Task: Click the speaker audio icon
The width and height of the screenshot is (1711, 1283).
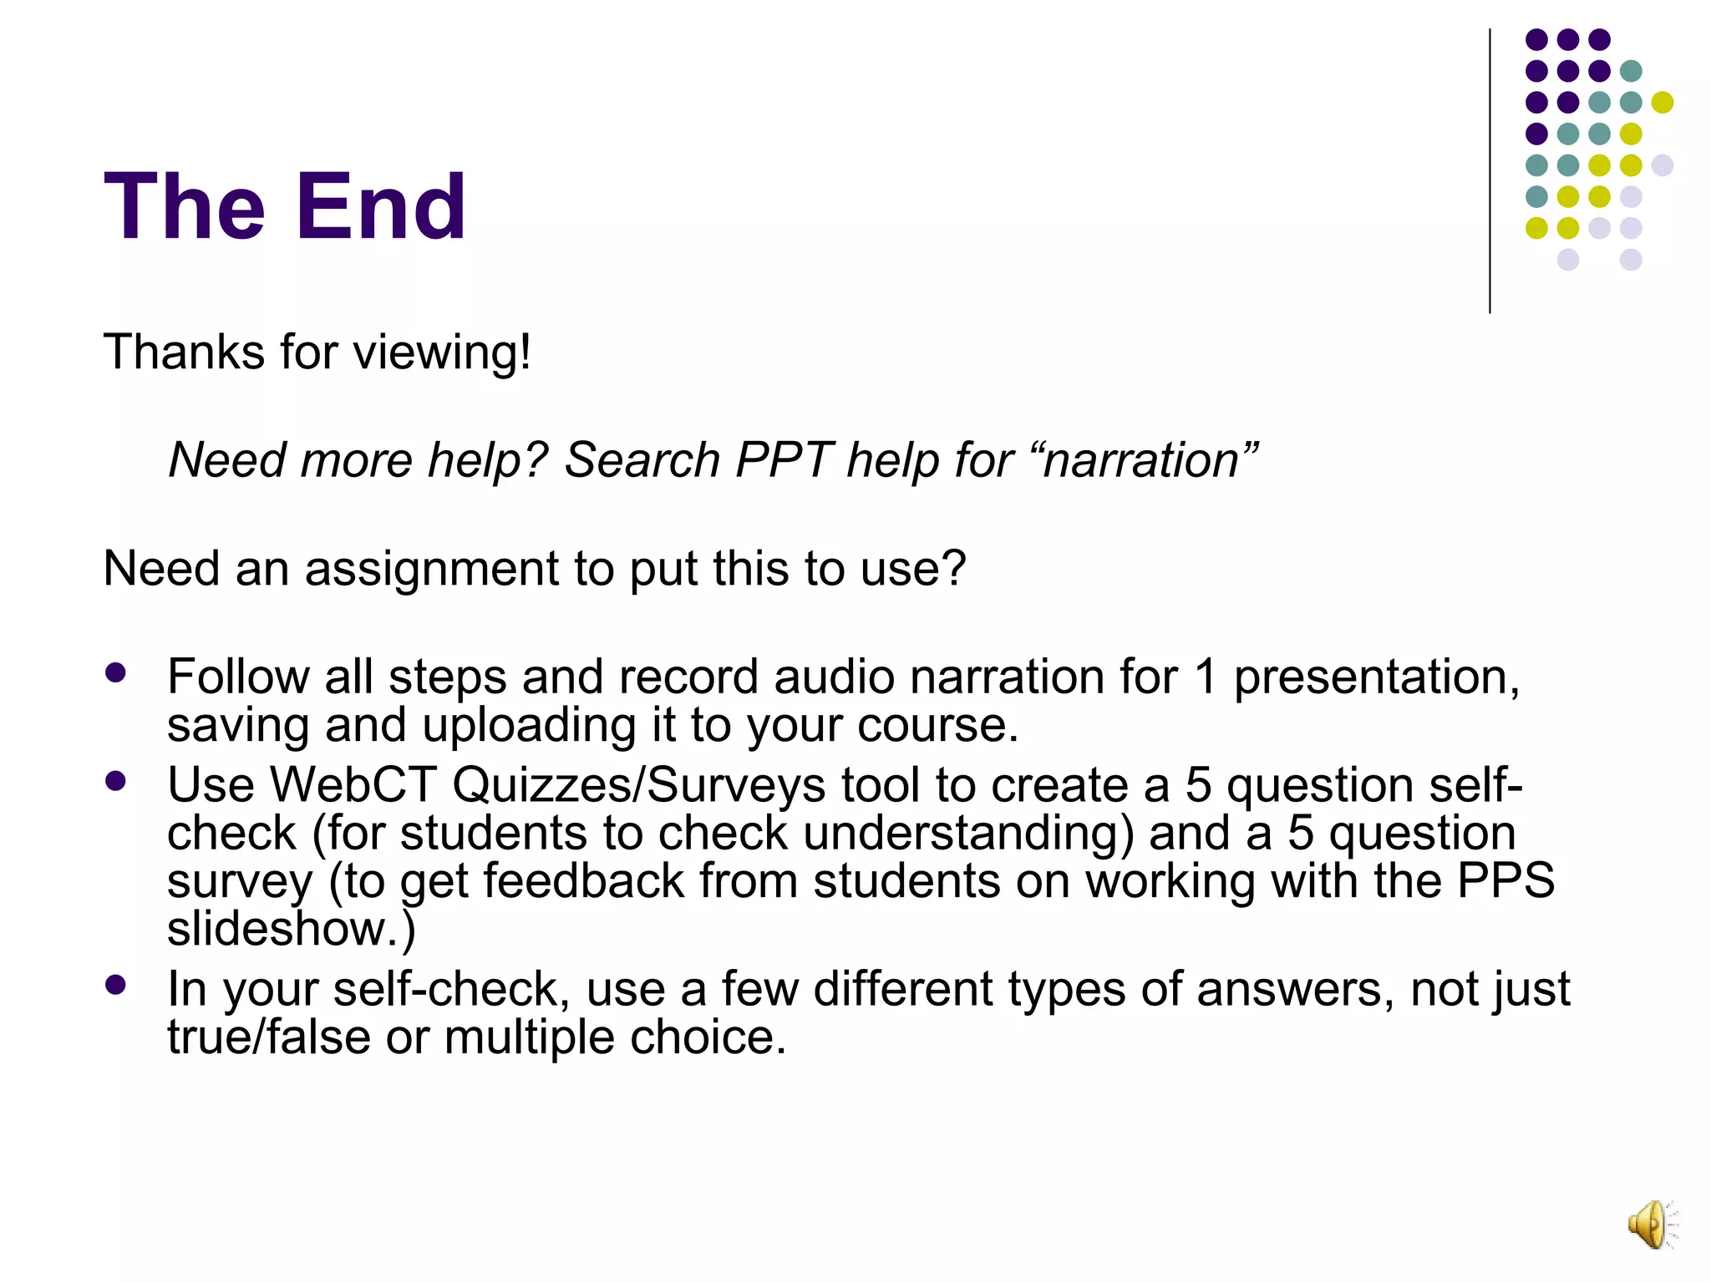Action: coord(1652,1225)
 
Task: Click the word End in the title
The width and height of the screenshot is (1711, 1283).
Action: coord(380,206)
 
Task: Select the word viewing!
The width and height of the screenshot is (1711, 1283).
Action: coord(442,353)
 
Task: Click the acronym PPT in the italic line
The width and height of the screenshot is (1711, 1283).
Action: coord(783,460)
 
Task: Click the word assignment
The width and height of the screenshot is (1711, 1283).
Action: coord(431,570)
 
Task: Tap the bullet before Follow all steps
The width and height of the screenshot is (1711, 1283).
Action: coord(116,672)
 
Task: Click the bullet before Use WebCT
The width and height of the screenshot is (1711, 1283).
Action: coord(116,781)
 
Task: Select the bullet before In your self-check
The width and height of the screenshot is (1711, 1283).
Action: coord(116,985)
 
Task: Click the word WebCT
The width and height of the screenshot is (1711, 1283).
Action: coord(353,785)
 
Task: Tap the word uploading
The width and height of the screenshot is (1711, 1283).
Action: coord(529,726)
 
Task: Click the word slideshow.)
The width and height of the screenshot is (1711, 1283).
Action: coord(291,929)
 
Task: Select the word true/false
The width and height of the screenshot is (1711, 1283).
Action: coord(268,1037)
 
